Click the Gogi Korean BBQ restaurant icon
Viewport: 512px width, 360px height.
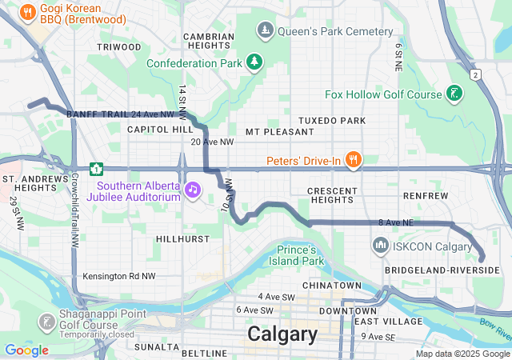27,12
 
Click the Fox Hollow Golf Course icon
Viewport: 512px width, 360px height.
454,94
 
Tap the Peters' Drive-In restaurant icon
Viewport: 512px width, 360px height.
352,160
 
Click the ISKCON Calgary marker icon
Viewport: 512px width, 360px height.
381,246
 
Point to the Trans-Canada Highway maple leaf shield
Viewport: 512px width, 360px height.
97,169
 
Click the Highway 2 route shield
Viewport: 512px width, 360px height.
475,74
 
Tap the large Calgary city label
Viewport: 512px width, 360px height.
282,334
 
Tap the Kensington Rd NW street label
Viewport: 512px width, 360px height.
118,277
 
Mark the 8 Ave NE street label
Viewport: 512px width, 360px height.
394,222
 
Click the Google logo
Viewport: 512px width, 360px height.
26,350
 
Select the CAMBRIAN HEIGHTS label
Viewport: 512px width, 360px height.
209,41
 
